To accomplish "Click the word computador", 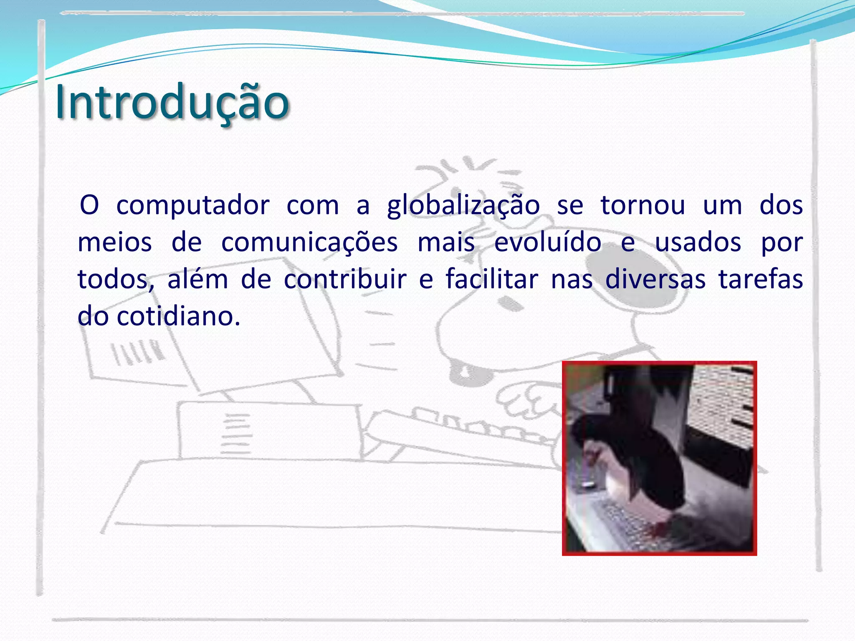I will [x=193, y=206].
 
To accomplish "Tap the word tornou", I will [x=643, y=206].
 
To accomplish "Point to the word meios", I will [x=115, y=242].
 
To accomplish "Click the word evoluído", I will [x=548, y=242].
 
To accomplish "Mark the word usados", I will [x=698, y=242].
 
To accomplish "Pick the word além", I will [x=197, y=279].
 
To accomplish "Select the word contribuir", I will [x=345, y=279].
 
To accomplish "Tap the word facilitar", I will [x=492, y=279].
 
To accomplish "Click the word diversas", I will [x=655, y=279].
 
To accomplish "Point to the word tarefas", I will [x=761, y=279].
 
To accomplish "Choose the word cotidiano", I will [x=178, y=316].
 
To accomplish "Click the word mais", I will [x=446, y=242].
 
